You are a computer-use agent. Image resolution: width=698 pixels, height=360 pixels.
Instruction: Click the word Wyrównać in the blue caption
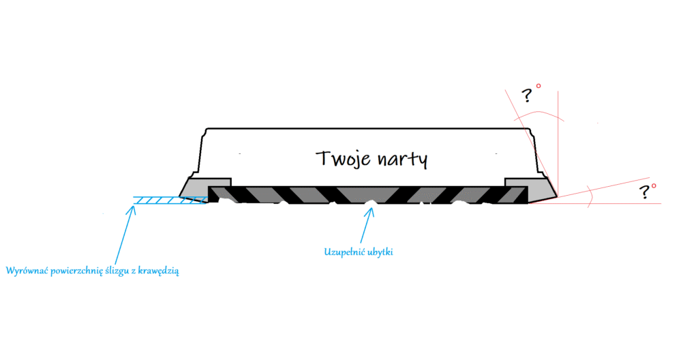[27, 271]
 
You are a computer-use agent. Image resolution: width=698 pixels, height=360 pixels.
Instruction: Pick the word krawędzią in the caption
[160, 271]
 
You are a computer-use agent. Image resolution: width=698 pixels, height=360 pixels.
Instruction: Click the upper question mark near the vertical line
[527, 95]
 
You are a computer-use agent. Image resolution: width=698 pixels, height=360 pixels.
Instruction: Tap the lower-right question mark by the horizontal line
[644, 192]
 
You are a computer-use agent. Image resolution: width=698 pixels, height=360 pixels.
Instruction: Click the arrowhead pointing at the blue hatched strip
[131, 209]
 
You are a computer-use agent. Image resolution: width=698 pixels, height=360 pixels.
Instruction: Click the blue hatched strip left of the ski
[170, 200]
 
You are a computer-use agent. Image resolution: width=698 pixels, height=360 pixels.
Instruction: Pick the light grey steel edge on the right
[531, 189]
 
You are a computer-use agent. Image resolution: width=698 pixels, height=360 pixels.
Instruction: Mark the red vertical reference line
[558, 143]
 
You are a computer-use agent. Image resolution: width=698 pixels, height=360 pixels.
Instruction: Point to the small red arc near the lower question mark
[590, 196]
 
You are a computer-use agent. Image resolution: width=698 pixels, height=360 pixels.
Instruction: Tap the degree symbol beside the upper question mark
[538, 86]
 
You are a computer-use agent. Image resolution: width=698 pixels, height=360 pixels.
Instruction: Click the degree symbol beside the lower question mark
[654, 186]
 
